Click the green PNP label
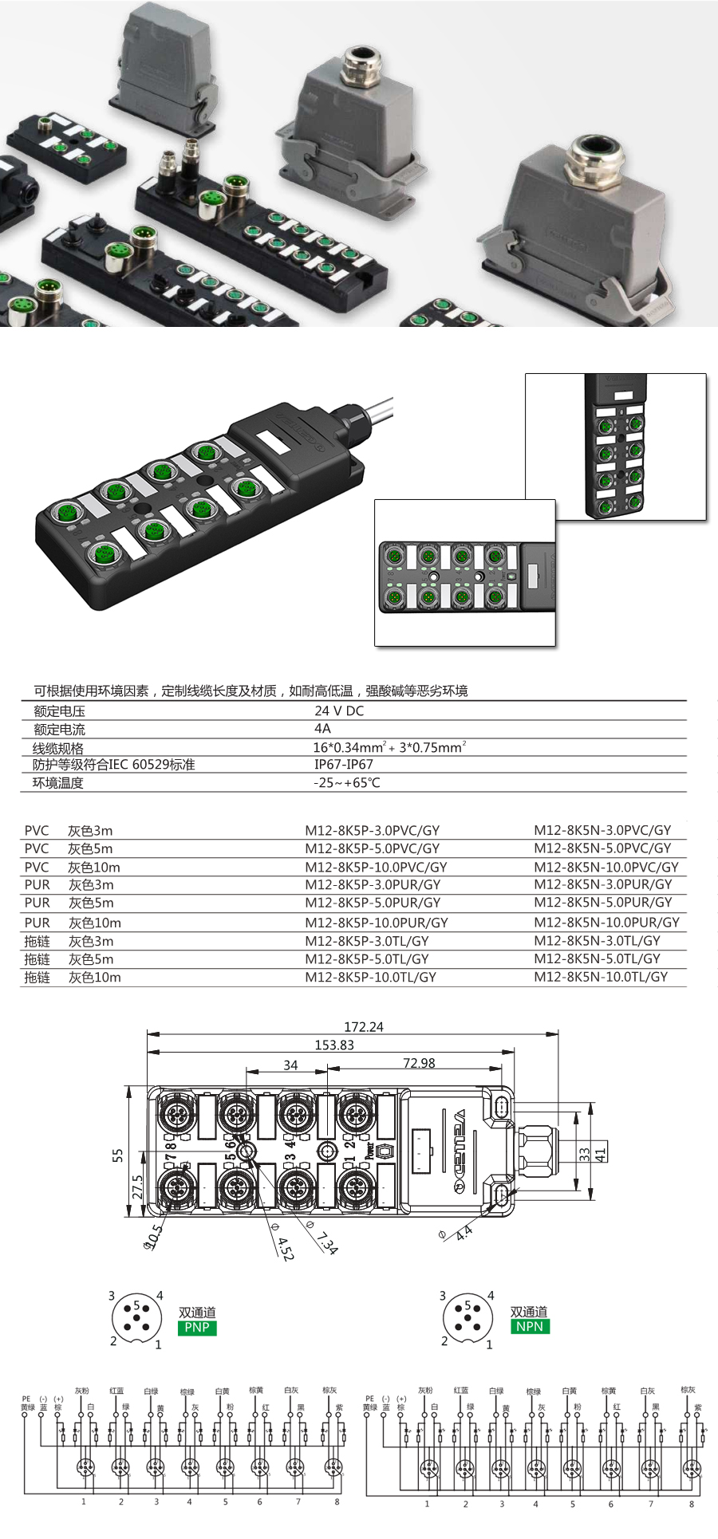[197, 1328]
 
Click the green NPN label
[529, 1327]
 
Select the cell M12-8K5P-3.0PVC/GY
[372, 830]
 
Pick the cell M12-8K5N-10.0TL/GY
[601, 977]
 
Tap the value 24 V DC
[339, 710]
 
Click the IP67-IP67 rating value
[343, 764]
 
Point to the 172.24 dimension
[363, 1027]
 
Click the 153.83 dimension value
[334, 1045]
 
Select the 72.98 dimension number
[419, 1063]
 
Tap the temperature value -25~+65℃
[346, 783]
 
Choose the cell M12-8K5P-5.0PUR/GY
[373, 903]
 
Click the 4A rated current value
[322, 729]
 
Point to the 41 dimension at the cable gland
[600, 1151]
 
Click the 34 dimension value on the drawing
[290, 1065]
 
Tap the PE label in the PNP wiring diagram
[26, 1399]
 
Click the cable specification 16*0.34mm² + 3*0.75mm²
[389, 747]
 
